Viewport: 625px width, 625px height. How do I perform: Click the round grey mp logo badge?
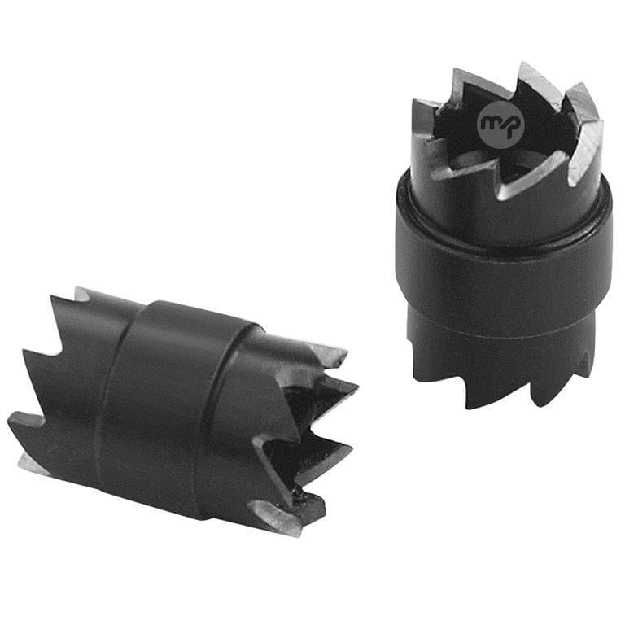[x=500, y=125]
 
